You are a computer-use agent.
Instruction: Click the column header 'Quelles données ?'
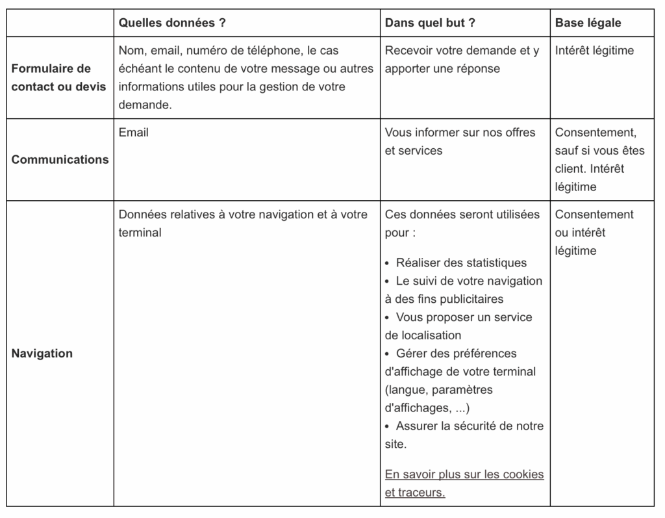tap(172, 23)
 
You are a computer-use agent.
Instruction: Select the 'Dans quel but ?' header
tap(430, 23)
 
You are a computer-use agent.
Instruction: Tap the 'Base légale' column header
tap(588, 23)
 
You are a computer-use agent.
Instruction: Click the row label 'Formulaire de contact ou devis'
tap(58, 77)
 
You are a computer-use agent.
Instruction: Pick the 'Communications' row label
tap(60, 159)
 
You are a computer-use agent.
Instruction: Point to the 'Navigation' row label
tap(42, 354)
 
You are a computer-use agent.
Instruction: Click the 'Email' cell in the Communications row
tap(134, 133)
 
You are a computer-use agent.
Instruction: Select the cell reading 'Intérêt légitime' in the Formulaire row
tap(594, 51)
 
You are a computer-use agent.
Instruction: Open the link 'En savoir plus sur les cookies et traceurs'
tap(464, 483)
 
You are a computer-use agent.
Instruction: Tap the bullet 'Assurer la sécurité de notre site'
tap(464, 435)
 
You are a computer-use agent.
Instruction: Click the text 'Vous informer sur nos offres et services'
tap(460, 141)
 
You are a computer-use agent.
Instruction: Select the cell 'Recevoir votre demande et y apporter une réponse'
tap(462, 59)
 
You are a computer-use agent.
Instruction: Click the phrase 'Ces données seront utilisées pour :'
tap(462, 223)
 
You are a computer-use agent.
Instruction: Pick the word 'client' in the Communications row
tap(570, 169)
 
